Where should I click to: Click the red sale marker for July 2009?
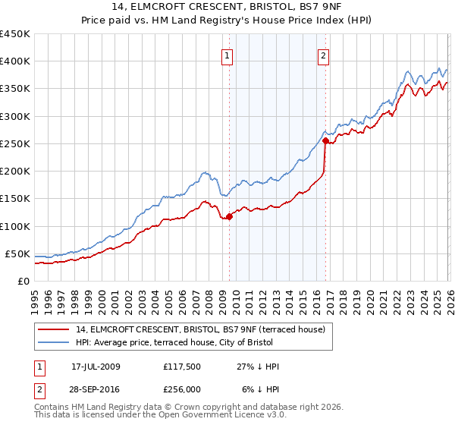(x=230, y=217)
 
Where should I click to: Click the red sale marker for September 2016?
(x=325, y=140)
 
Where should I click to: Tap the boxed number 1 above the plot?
(x=228, y=55)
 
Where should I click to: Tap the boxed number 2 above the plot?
(x=324, y=55)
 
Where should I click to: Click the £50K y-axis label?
(x=18, y=253)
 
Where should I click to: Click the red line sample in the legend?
(x=55, y=329)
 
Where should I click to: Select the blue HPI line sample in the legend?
(x=55, y=342)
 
